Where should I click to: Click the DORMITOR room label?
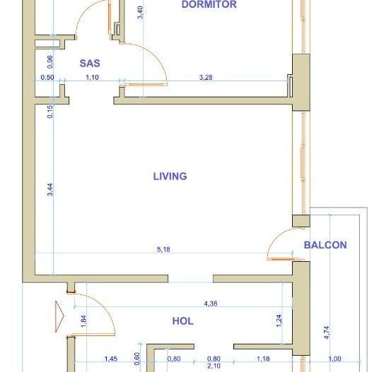(209, 5)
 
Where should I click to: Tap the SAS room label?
(90, 63)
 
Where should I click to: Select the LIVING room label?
(170, 176)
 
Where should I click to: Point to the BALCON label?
(325, 245)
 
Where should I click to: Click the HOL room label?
(183, 320)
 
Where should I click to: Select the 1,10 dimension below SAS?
(93, 77)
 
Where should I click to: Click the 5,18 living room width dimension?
(163, 248)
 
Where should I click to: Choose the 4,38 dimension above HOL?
(211, 304)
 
